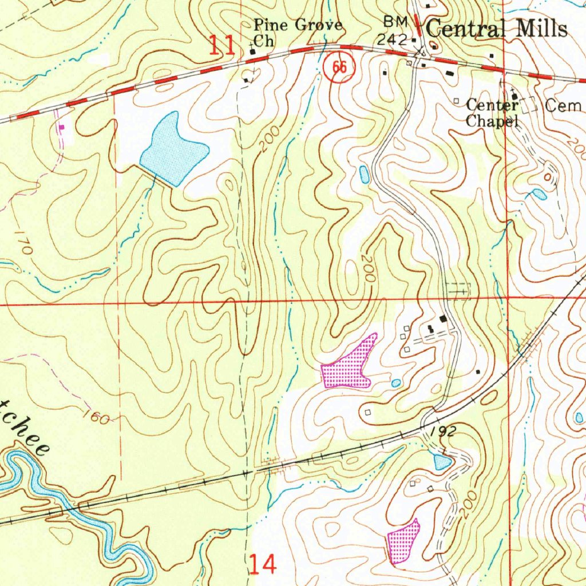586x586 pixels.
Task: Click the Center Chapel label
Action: coord(492,113)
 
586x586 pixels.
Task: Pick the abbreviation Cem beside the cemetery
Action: coord(563,105)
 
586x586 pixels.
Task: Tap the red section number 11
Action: coord(221,45)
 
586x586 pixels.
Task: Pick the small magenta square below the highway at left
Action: coord(62,127)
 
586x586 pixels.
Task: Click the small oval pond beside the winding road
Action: coord(364,175)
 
